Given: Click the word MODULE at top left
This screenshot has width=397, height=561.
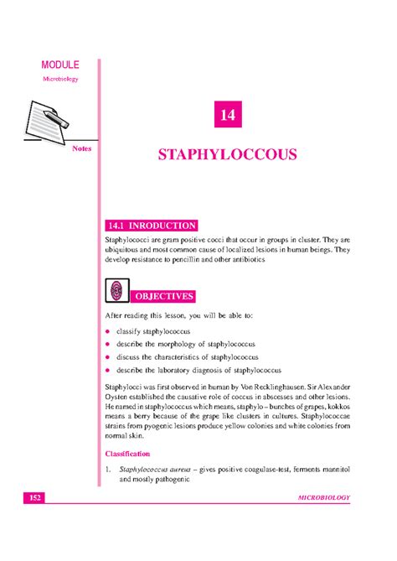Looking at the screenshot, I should pyautogui.click(x=60, y=65).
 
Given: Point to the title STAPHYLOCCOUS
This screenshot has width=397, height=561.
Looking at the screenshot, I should pyautogui.click(x=227, y=155).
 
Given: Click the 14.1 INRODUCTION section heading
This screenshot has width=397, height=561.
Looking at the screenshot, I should pyautogui.click(x=152, y=226).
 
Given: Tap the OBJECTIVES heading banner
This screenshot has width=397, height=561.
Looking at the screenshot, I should pyautogui.click(x=165, y=296).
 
